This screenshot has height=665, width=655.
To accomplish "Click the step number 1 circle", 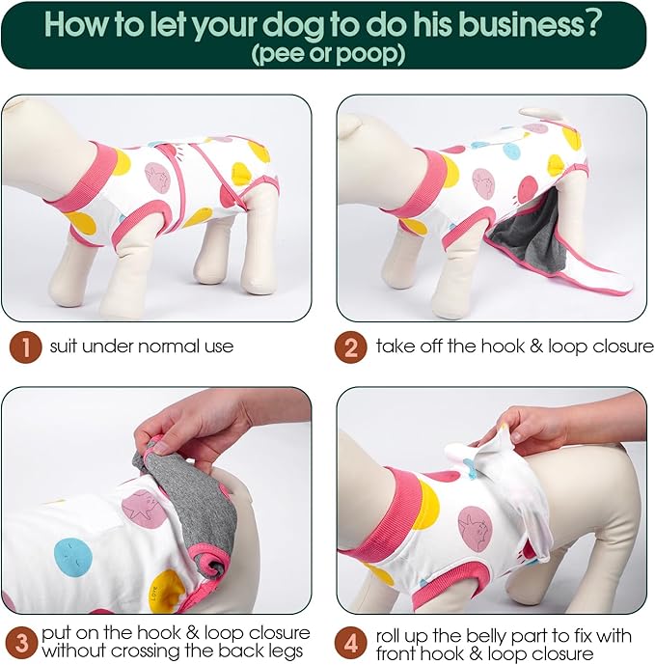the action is point(25,346).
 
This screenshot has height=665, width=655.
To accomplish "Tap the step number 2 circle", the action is point(350,346).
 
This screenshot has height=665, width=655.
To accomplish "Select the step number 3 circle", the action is point(21,643).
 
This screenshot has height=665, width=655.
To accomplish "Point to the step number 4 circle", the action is point(350,643).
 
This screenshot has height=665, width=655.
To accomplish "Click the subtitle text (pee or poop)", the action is point(328,54).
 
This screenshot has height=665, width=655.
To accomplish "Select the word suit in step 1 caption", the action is point(64,346).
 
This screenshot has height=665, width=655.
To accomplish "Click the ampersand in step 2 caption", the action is point(536,346).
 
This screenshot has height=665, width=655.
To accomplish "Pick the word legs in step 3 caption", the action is point(285,651).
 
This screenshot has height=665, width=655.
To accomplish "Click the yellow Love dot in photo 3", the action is point(168,592).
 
